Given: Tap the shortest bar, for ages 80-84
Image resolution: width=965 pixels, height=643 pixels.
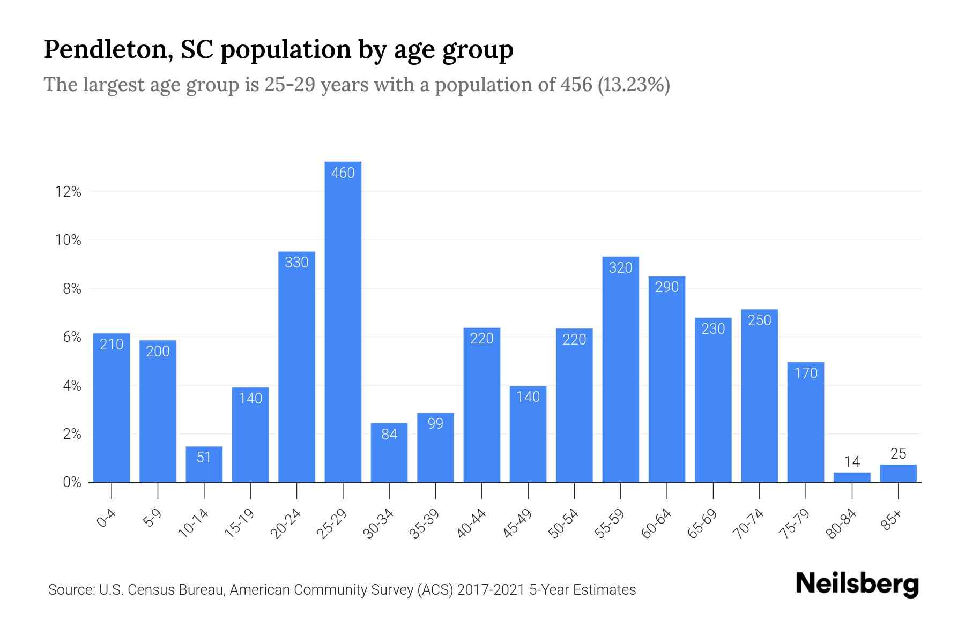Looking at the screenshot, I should pyautogui.click(x=852, y=477).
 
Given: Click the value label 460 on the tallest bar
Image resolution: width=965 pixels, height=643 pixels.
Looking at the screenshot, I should pyautogui.click(x=343, y=173).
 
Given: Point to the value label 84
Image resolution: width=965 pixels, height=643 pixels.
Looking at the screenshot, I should pyautogui.click(x=389, y=434).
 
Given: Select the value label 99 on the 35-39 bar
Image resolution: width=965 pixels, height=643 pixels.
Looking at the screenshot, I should pyautogui.click(x=435, y=424).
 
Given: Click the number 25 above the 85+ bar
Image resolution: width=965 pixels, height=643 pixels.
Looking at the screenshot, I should pyautogui.click(x=898, y=454).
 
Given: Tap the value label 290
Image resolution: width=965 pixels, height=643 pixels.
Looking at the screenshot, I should pyautogui.click(x=667, y=287).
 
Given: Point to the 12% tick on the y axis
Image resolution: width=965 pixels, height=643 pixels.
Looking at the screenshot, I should pyautogui.click(x=68, y=192).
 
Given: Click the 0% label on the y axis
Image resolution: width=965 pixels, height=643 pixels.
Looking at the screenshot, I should pyautogui.click(x=72, y=482).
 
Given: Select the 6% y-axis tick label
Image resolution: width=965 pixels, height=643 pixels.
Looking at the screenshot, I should pyautogui.click(x=72, y=337).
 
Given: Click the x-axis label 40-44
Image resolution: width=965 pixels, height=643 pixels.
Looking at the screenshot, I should pyautogui.click(x=471, y=524).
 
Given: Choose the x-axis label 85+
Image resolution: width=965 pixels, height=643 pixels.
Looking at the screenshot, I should pyautogui.click(x=891, y=520).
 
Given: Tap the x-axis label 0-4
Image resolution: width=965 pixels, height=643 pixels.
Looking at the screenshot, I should pyautogui.click(x=106, y=519).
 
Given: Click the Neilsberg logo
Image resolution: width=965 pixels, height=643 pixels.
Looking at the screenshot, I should pyautogui.click(x=857, y=584).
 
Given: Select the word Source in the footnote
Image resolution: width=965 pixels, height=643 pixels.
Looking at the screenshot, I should pyautogui.click(x=70, y=590).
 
